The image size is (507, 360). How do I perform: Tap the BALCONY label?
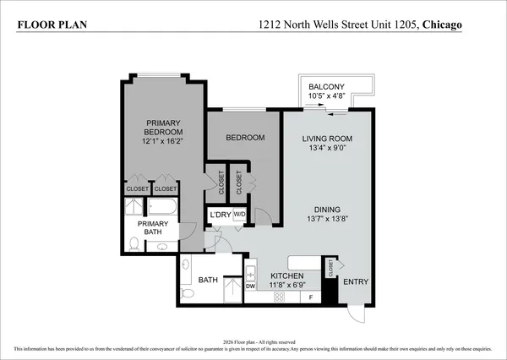click(x=325, y=87)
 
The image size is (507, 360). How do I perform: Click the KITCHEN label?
click(x=286, y=276)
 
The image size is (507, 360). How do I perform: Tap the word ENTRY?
click(x=356, y=281)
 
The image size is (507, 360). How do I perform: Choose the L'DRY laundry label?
click(x=220, y=215)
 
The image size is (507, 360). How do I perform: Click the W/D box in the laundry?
click(x=239, y=215)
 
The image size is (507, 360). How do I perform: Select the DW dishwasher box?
click(x=250, y=286)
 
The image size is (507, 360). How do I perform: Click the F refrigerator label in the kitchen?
click(x=311, y=297)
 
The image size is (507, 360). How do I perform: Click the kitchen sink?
click(x=250, y=273)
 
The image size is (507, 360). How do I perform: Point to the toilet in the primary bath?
click(x=134, y=245)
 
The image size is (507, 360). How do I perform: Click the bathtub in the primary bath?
click(x=161, y=207)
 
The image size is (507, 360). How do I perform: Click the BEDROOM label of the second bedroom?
click(x=244, y=138)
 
